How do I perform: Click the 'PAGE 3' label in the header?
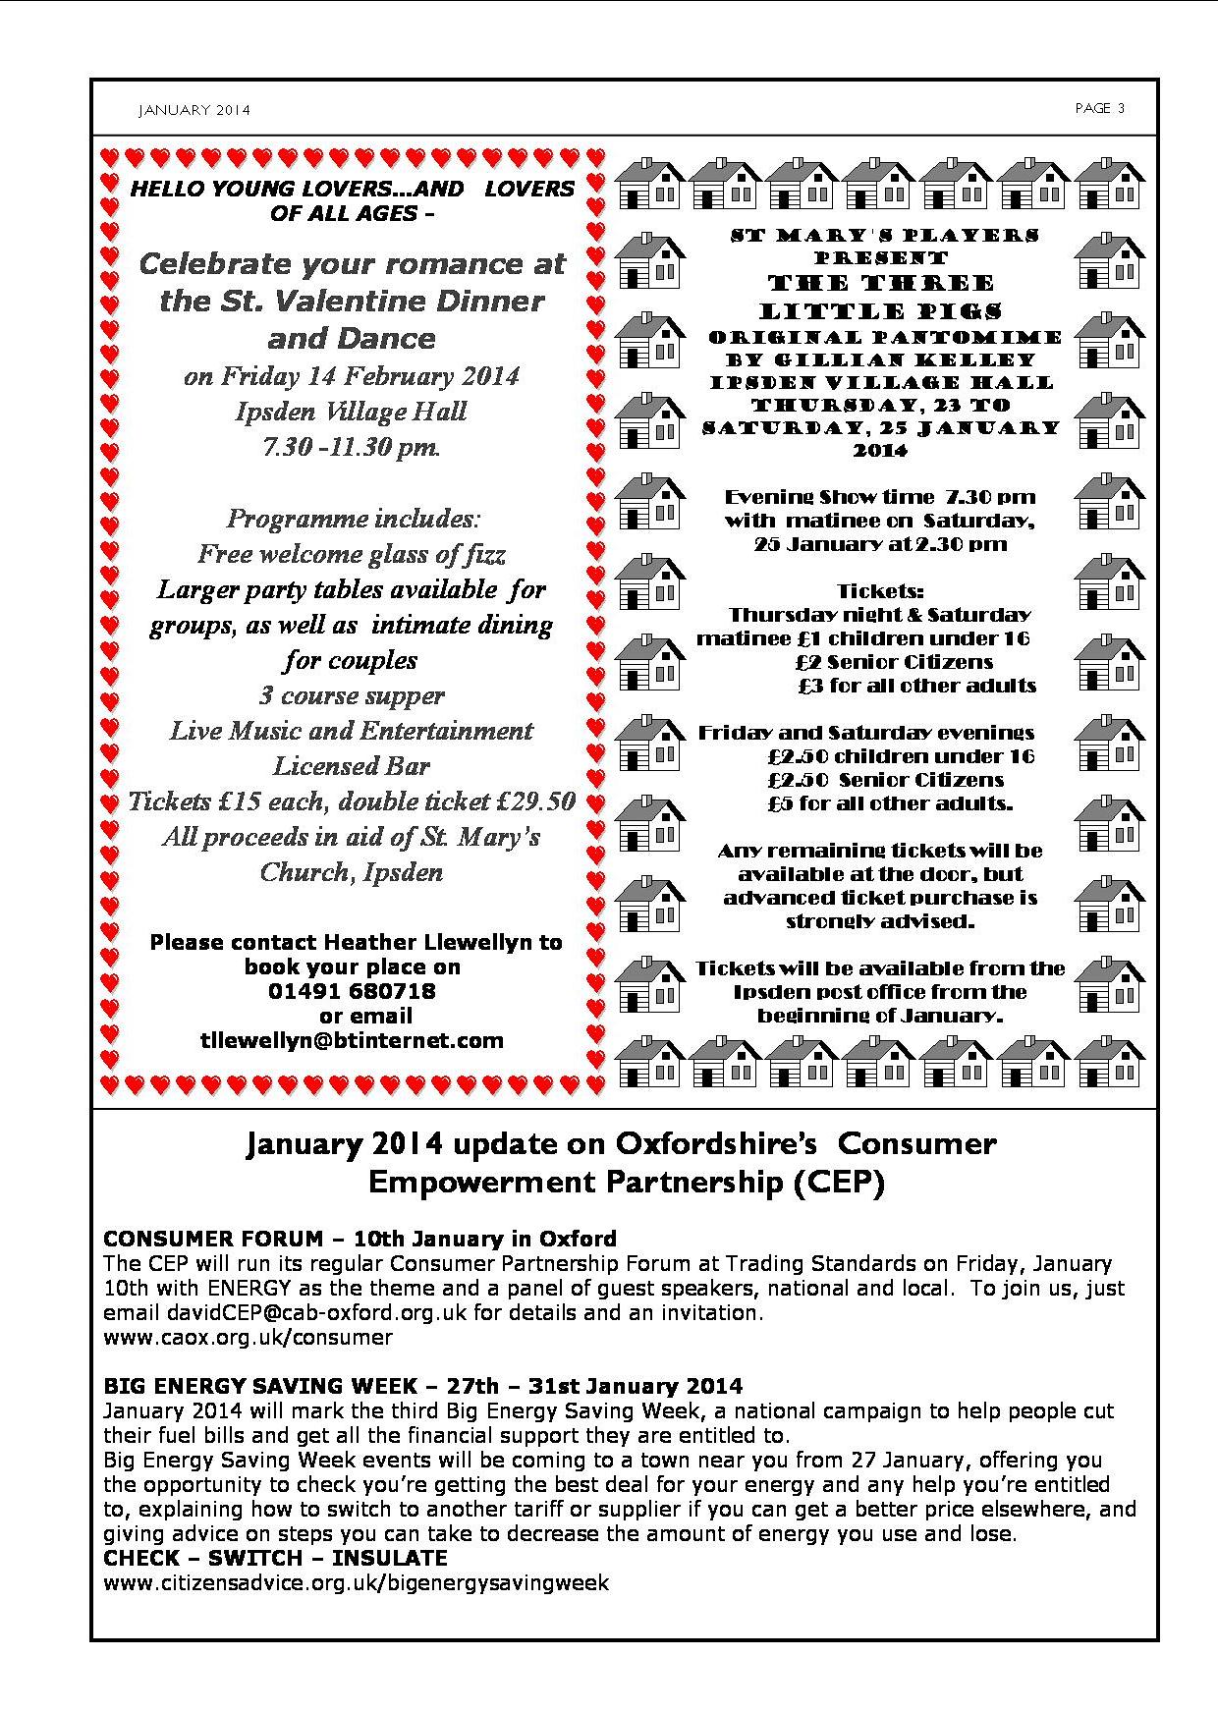point(1099,108)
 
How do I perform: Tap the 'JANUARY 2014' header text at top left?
point(194,110)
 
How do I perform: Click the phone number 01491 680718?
point(352,991)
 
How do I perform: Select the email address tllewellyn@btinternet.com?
point(352,1040)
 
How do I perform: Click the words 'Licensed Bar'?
point(352,766)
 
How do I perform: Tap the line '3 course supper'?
point(352,695)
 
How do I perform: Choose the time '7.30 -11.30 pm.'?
point(352,447)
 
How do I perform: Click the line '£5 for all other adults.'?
point(890,803)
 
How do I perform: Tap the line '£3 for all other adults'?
point(917,686)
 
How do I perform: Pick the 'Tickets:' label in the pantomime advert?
point(880,591)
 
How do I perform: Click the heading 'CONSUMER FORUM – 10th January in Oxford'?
point(360,1239)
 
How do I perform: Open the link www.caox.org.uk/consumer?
point(248,1337)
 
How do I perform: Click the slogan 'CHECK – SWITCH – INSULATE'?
point(275,1558)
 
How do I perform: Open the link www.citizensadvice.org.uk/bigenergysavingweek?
point(356,1582)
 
